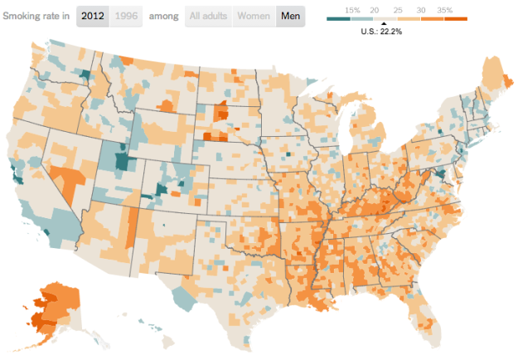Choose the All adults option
pyautogui.click(x=207, y=16)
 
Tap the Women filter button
pyautogui.click(x=254, y=16)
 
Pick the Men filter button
pyautogui.click(x=290, y=16)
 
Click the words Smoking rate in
pyautogui.click(x=36, y=16)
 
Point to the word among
pyautogui.click(x=162, y=16)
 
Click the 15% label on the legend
pyautogui.click(x=352, y=9)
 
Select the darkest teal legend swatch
pyautogui.click(x=338, y=17)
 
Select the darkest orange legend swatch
pyautogui.click(x=456, y=17)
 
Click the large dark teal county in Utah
pyautogui.click(x=123, y=160)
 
